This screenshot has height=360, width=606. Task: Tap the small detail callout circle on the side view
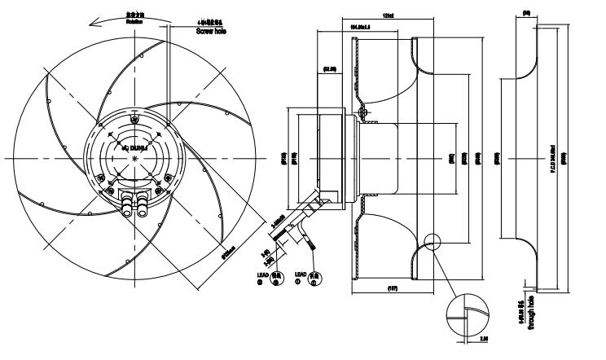pos(431,242)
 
